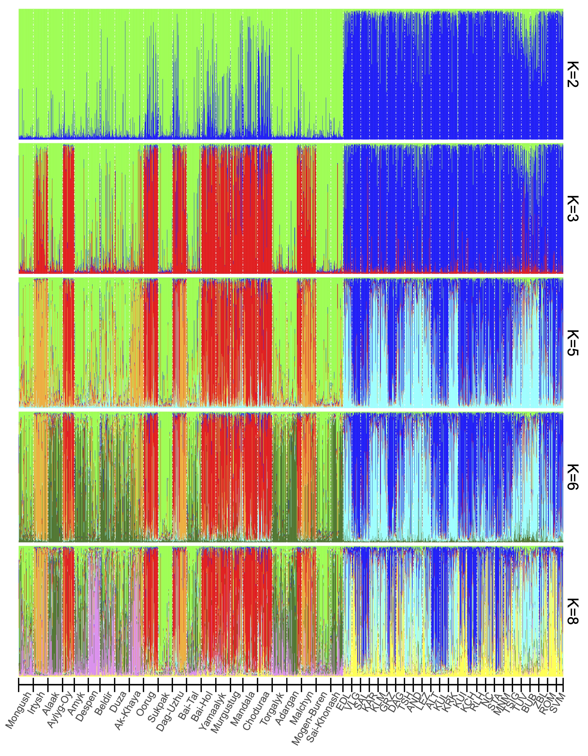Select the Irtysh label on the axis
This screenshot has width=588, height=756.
tap(37, 703)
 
